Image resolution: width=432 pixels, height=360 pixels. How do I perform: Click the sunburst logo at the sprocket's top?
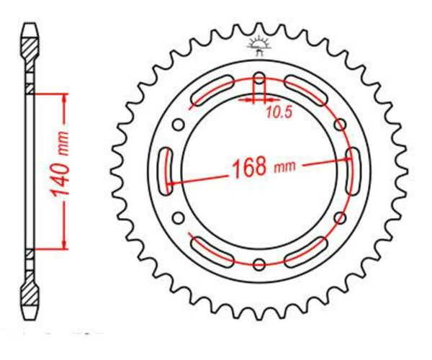click(259, 45)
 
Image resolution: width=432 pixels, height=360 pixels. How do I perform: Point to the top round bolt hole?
click(259, 80)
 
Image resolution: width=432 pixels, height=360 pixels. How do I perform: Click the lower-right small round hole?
click(338, 217)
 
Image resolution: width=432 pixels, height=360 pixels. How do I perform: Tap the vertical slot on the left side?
click(163, 171)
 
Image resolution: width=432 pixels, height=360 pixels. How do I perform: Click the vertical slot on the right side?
click(354, 171)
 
